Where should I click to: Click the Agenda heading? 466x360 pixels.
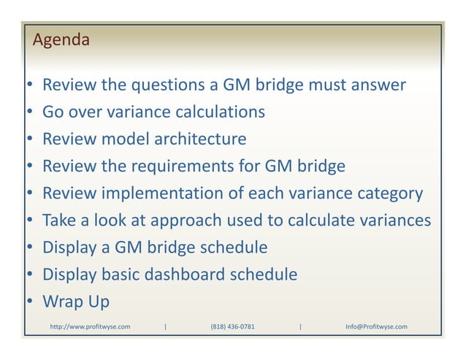(61, 40)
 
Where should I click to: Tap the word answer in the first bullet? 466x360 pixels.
(378, 86)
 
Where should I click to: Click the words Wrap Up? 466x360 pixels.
(75, 302)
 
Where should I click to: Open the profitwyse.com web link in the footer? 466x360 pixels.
(89, 326)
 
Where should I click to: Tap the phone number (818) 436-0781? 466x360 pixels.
(232, 326)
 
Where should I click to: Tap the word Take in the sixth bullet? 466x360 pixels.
(60, 221)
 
